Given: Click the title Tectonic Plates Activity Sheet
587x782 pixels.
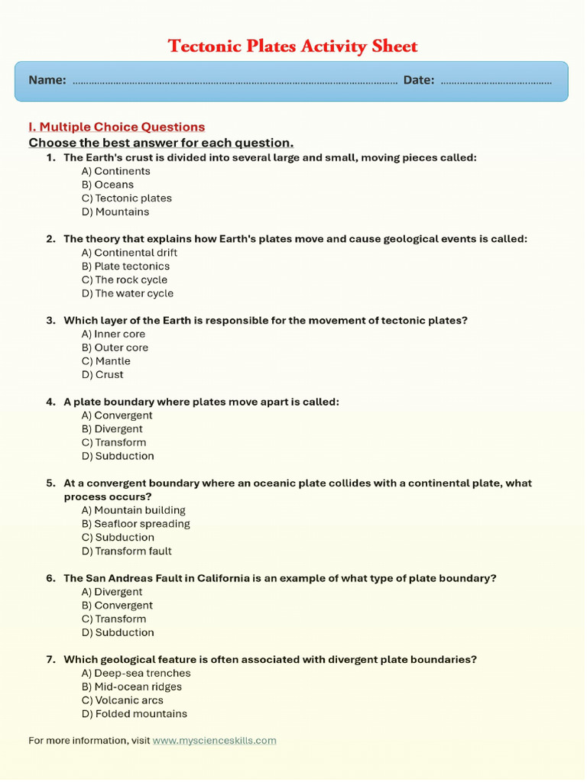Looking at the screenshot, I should click(293, 47).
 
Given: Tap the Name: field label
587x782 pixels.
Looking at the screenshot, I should click(47, 80).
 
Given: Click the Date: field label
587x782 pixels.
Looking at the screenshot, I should click(419, 80).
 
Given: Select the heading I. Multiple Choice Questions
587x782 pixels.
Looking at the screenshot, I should click(116, 127).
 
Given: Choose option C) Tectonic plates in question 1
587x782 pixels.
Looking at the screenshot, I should click(126, 199).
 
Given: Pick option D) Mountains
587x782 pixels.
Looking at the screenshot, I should click(115, 212).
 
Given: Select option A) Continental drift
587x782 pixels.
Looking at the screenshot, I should click(129, 253).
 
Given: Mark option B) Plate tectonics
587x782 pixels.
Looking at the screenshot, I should click(125, 267).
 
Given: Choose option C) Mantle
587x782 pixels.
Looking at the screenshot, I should click(105, 361).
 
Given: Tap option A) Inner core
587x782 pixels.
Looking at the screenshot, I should click(113, 334).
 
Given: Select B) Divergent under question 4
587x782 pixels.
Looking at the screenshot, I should click(112, 429).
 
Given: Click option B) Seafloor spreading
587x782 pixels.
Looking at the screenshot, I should click(135, 524).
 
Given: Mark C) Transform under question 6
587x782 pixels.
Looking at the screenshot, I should click(113, 619).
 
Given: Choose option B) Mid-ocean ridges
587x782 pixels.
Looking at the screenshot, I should click(131, 687).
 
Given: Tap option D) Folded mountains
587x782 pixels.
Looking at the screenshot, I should click(134, 714).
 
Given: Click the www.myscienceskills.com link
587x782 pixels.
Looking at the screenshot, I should click(214, 741).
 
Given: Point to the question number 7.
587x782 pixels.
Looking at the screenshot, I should click(50, 660).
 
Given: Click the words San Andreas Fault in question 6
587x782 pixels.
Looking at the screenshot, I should click(128, 579).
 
